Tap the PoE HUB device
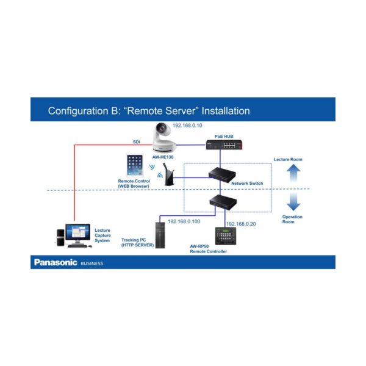221,145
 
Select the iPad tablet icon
134,165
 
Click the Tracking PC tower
160,235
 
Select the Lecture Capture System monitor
77,232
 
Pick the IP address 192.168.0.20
242,223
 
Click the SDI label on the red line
137,142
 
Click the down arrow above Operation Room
293,201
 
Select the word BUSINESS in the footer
92,264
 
